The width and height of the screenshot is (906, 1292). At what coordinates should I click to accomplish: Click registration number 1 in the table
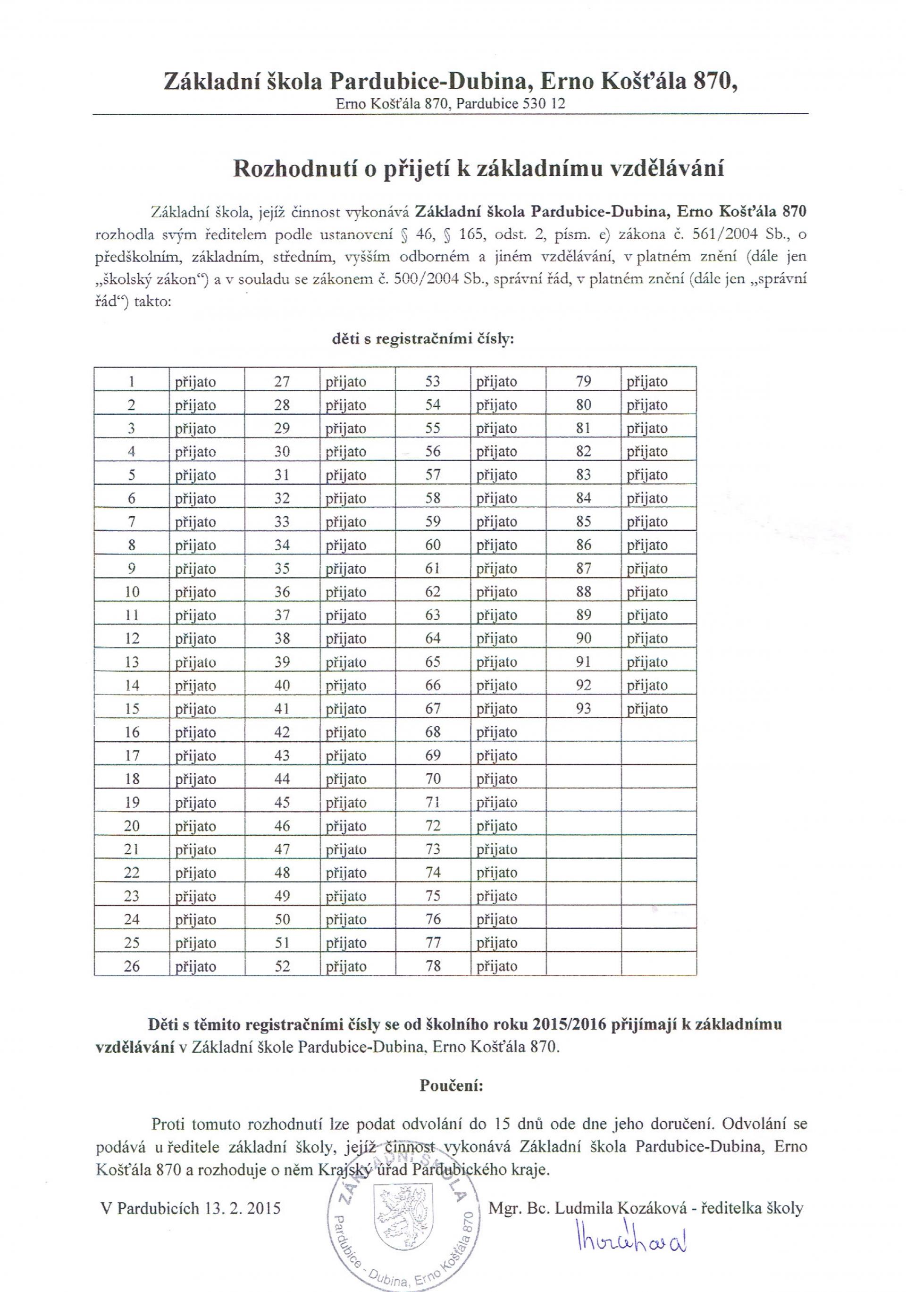click(x=131, y=382)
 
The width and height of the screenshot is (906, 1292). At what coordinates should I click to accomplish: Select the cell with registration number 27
click(x=281, y=382)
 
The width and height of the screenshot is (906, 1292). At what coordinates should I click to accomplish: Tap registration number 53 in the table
click(x=432, y=382)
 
